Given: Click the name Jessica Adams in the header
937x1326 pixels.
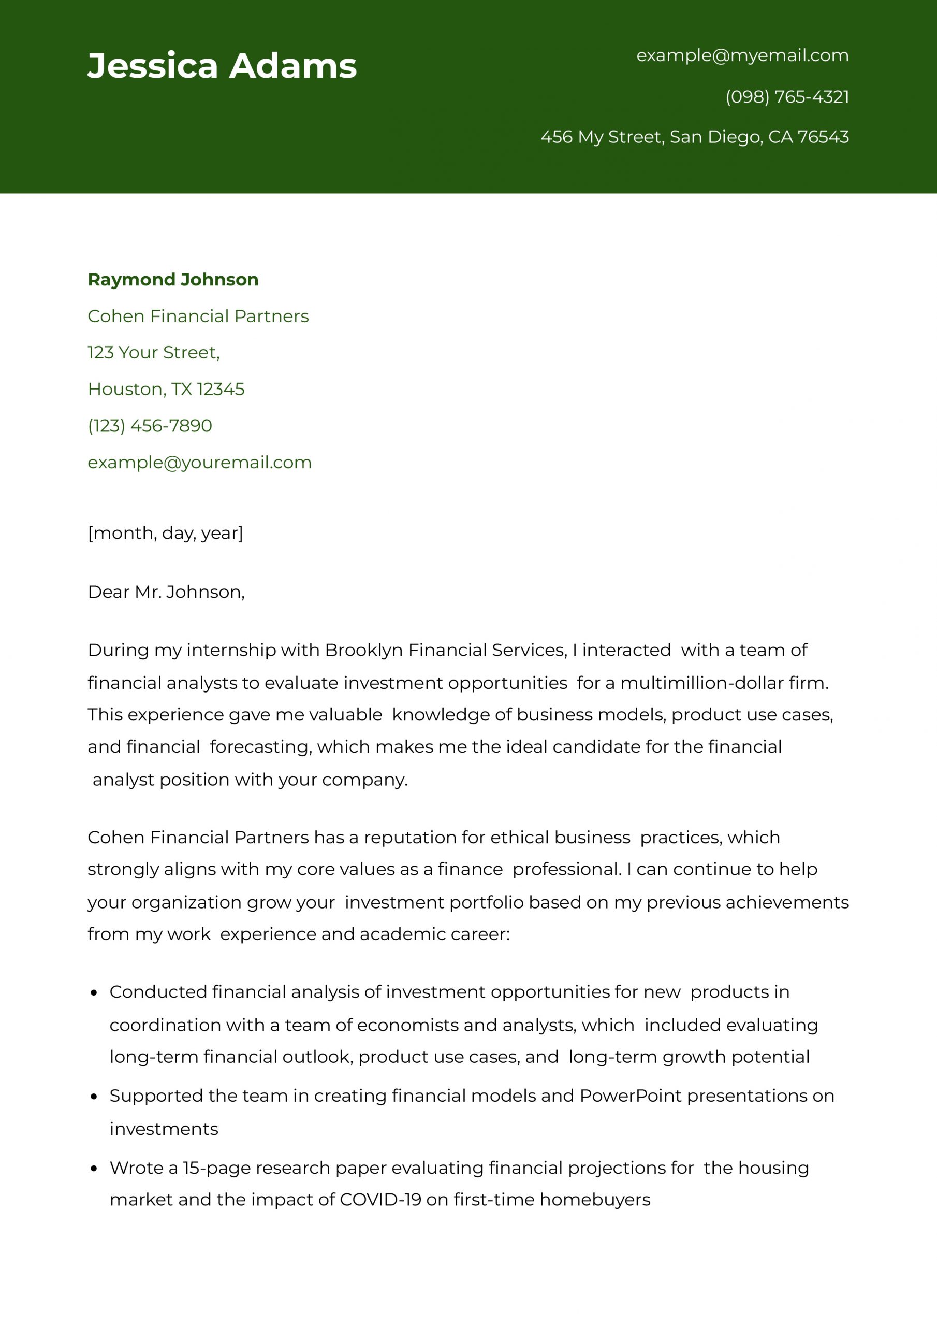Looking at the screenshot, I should coord(222,66).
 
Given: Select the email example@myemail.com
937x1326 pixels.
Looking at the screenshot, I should coord(742,55).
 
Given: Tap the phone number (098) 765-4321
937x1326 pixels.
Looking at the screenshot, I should coord(787,96).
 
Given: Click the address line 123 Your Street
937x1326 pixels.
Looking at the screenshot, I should coord(153,352).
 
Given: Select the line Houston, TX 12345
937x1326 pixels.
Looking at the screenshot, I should coord(166,389).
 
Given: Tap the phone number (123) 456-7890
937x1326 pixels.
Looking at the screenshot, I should coord(150,426).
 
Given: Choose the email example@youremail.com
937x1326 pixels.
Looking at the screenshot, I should coord(199,463).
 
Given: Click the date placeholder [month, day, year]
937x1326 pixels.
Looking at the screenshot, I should coord(165,532).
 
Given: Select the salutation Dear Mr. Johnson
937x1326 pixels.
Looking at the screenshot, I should coord(166,592).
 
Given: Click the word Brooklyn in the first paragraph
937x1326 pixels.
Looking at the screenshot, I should coord(364,650).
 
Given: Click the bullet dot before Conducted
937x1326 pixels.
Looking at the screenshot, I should coord(94,993).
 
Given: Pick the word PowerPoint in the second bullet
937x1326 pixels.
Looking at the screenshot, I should coord(631,1096).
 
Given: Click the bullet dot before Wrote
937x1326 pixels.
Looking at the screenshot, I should coord(94,1169).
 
